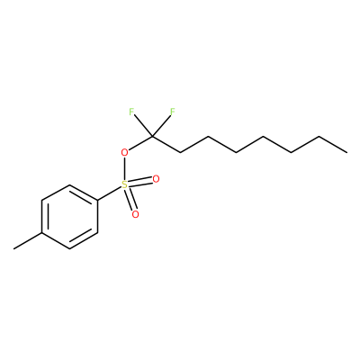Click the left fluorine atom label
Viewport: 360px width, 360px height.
pyautogui.click(x=131, y=112)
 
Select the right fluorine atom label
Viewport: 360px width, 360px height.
pyautogui.click(x=173, y=112)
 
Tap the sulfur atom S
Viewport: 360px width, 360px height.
pyautogui.click(x=124, y=185)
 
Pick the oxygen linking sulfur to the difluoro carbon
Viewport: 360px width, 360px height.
pyautogui.click(x=124, y=153)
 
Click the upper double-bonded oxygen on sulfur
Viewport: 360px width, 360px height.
pyautogui.click(x=156, y=179)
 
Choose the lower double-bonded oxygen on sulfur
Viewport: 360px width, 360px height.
pyautogui.click(x=136, y=214)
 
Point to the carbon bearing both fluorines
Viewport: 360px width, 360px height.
pyautogui.click(x=152, y=137)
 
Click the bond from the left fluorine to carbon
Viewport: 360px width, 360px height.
pyautogui.click(x=143, y=126)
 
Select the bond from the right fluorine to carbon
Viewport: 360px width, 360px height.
pyautogui.click(x=161, y=126)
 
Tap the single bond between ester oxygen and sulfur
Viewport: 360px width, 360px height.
pyautogui.click(x=124, y=169)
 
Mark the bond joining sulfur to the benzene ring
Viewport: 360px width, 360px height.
pyautogui.click(x=109, y=193)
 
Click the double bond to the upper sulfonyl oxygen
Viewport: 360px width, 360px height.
pyautogui.click(x=140, y=182)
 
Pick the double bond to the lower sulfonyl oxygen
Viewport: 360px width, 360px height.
pyautogui.click(x=130, y=200)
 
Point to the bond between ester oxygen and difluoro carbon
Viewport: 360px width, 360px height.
pyautogui.click(x=140, y=143)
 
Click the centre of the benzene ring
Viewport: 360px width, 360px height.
pyautogui.click(x=69, y=217)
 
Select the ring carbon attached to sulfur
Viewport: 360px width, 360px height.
pyautogui.click(x=97, y=201)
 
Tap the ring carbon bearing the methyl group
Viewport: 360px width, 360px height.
pyautogui.click(x=41, y=233)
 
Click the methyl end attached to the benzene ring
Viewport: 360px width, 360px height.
pyautogui.click(x=13, y=248)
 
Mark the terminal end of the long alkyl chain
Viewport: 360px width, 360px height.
pyautogui.click(x=347, y=153)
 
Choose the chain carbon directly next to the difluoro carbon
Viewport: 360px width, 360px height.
pyautogui.click(x=180, y=153)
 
